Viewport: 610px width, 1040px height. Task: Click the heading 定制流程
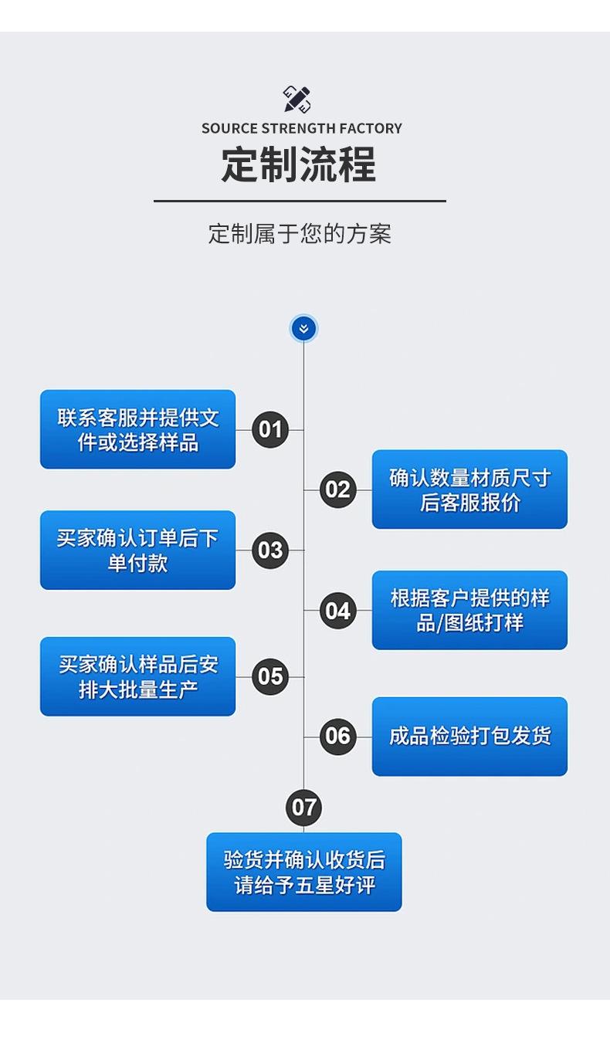pyautogui.click(x=299, y=164)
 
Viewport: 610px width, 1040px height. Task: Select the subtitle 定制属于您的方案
pyautogui.click(x=300, y=233)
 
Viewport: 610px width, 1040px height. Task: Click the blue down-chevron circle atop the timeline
pyautogui.click(x=303, y=329)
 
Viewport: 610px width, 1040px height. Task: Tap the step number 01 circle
pyautogui.click(x=270, y=429)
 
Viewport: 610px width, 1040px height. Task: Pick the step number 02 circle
pyautogui.click(x=337, y=490)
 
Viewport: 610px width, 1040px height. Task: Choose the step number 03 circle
pyautogui.click(x=270, y=550)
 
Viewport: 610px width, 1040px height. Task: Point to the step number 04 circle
pyautogui.click(x=337, y=611)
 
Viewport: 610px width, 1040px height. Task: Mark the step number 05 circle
pyautogui.click(x=270, y=677)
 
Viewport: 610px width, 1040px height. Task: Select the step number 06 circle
pyautogui.click(x=337, y=737)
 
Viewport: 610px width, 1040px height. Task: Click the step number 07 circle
pyautogui.click(x=303, y=808)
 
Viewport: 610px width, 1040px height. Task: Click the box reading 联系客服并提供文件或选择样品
pyautogui.click(x=137, y=429)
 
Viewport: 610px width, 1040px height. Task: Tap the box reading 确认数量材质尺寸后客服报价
pyautogui.click(x=469, y=490)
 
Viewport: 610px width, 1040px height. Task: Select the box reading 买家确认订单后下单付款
pyautogui.click(x=137, y=550)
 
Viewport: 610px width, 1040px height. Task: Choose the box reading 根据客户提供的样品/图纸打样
pyautogui.click(x=469, y=611)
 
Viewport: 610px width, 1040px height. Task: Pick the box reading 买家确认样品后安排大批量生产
pyautogui.click(x=137, y=677)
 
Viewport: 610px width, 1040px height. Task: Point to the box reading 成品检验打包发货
pyautogui.click(x=469, y=737)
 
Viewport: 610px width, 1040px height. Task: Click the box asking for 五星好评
pyautogui.click(x=303, y=872)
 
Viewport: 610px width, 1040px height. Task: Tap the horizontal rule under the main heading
pyautogui.click(x=300, y=202)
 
